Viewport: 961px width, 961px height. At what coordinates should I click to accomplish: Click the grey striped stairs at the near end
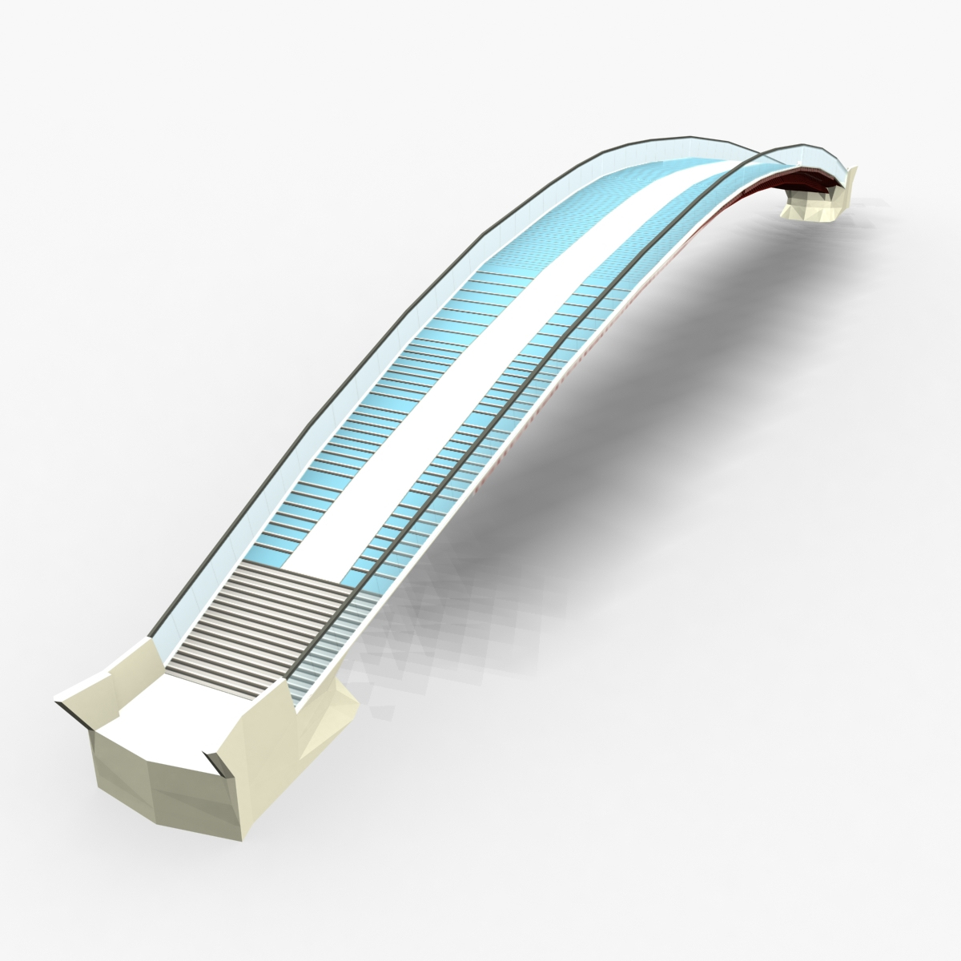point(264,625)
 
